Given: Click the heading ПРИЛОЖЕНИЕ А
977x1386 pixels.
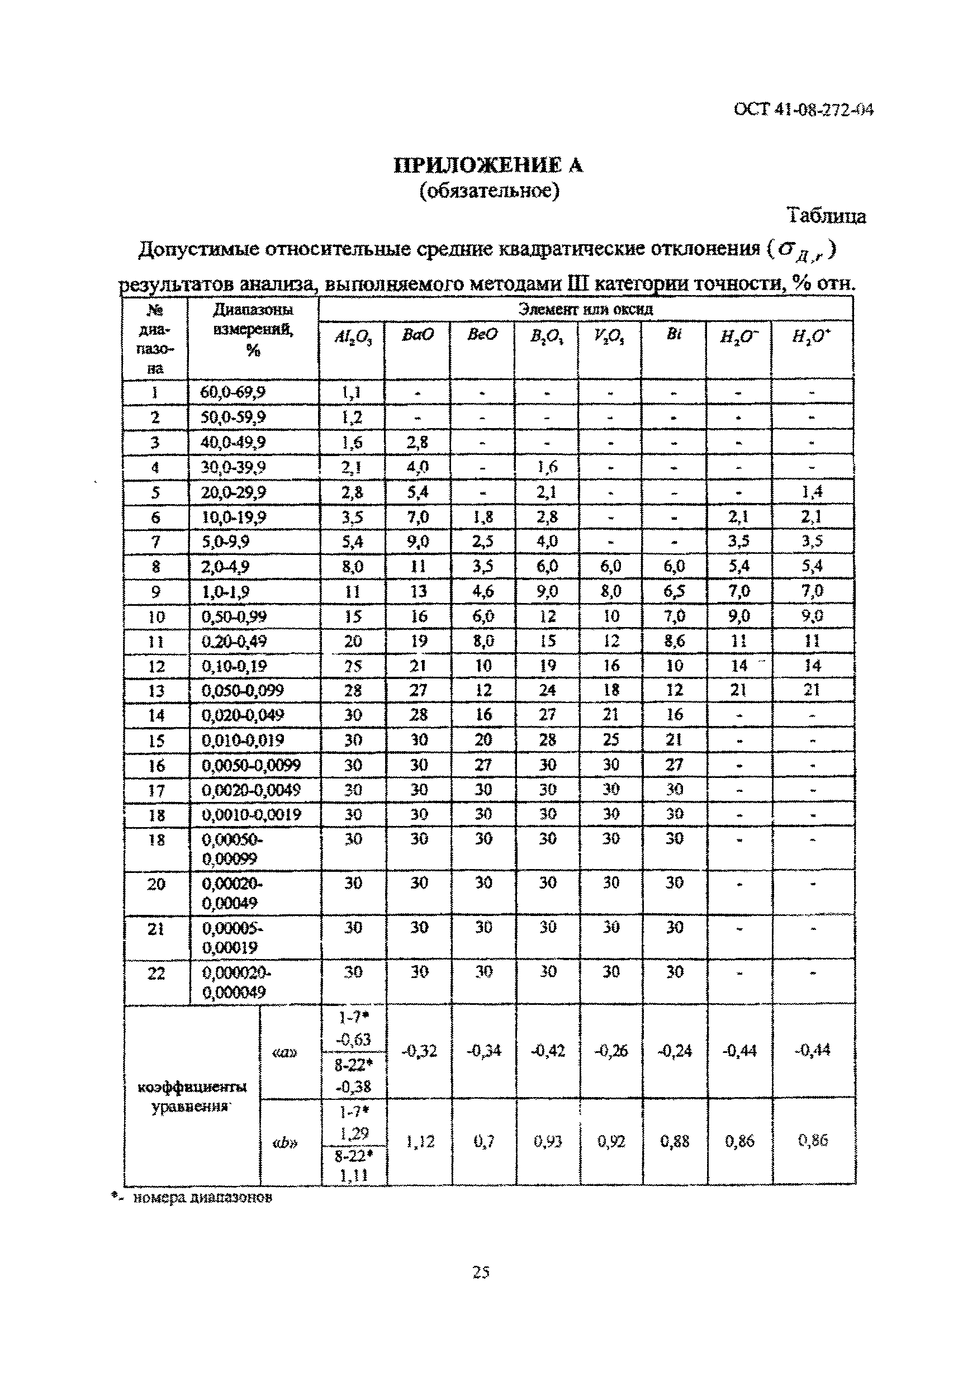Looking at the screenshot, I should click(488, 165).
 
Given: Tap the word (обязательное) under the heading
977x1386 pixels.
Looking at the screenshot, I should click(489, 191).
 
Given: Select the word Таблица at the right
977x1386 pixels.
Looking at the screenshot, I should click(826, 216).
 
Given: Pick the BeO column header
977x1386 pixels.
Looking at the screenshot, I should click(482, 334).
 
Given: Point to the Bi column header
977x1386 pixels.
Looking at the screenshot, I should click(674, 334).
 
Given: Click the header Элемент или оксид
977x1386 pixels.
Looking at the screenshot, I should click(585, 310).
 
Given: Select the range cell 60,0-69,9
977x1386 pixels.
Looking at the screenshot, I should click(233, 392).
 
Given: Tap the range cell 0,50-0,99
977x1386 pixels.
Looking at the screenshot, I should click(234, 616).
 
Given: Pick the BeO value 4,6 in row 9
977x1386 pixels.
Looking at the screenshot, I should click(482, 591).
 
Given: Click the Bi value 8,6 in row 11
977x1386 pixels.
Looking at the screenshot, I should click(674, 640).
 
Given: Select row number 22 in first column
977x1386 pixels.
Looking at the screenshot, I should click(156, 973).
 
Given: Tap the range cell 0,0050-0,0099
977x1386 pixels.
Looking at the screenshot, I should click(251, 766).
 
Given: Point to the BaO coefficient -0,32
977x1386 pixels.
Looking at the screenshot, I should click(419, 1051).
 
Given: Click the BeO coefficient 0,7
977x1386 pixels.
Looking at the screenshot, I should click(483, 1141).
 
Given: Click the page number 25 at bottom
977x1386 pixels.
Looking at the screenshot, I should click(481, 1273).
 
